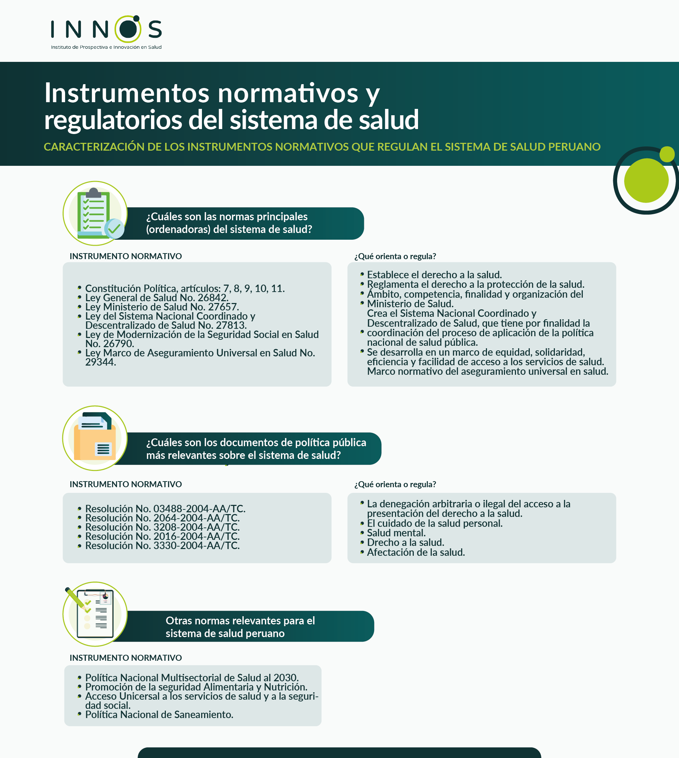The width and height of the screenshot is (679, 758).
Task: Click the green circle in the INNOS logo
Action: coord(128,29)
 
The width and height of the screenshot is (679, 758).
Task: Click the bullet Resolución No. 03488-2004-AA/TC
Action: coord(165,509)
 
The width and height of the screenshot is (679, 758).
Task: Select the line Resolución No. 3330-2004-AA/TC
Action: coord(162,546)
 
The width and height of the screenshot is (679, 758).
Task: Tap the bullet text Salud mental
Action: coord(396,533)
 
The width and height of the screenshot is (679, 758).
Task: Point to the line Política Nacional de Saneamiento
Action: coord(159,715)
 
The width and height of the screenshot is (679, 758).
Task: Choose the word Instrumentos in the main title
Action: coord(127,93)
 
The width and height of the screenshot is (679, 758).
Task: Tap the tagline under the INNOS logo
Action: coord(106,47)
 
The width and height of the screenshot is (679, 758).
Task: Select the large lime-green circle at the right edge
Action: coord(646,181)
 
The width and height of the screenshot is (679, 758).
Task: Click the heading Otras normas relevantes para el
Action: coord(240,621)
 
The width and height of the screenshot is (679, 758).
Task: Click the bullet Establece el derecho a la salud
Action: coord(434,275)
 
